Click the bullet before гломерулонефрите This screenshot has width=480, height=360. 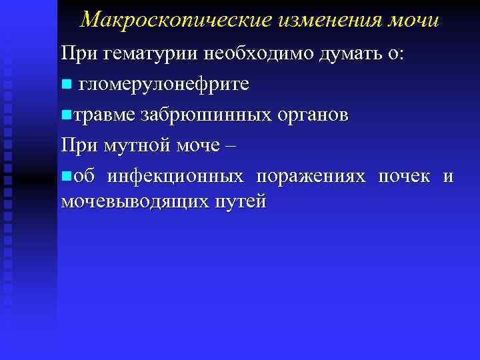(x=65, y=85)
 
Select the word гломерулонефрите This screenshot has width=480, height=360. (x=164, y=84)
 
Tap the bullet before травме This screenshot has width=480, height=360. (x=65, y=115)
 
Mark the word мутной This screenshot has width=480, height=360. (x=133, y=145)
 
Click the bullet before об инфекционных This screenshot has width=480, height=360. (x=65, y=177)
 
